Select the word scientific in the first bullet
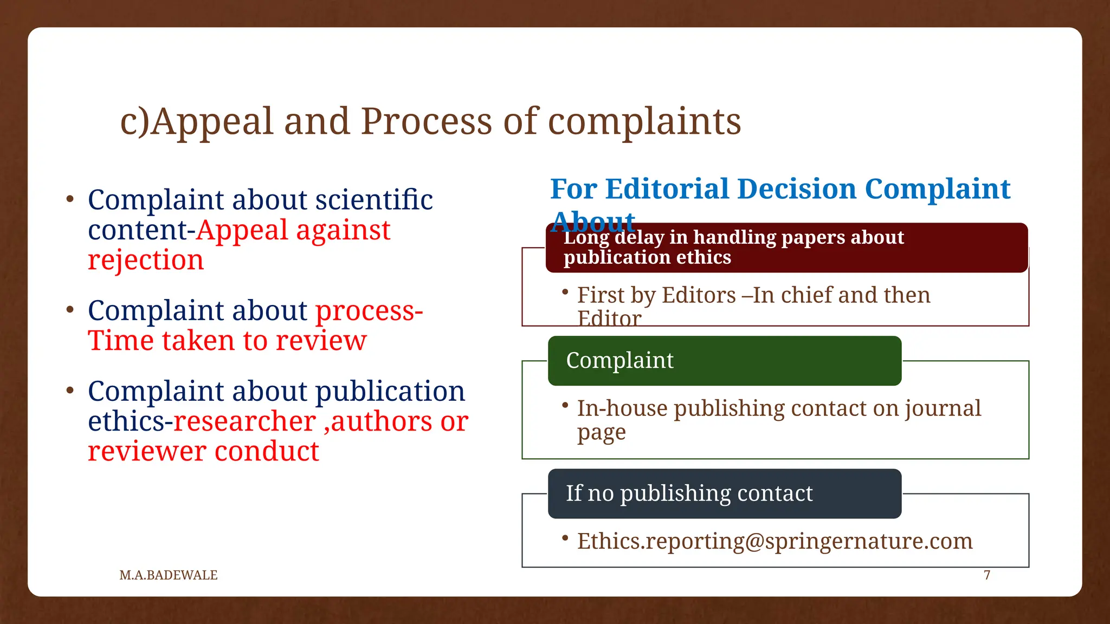(x=374, y=200)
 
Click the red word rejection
(x=146, y=260)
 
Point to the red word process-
(x=369, y=311)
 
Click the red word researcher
(x=244, y=421)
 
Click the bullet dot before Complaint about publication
(x=70, y=391)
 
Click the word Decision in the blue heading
(x=797, y=189)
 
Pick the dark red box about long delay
(x=786, y=248)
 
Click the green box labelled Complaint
(x=725, y=361)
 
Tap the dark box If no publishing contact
(x=725, y=493)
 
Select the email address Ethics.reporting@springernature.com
(x=775, y=541)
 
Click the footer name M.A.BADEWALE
(x=169, y=575)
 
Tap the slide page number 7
(x=987, y=575)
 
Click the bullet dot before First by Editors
(x=565, y=292)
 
